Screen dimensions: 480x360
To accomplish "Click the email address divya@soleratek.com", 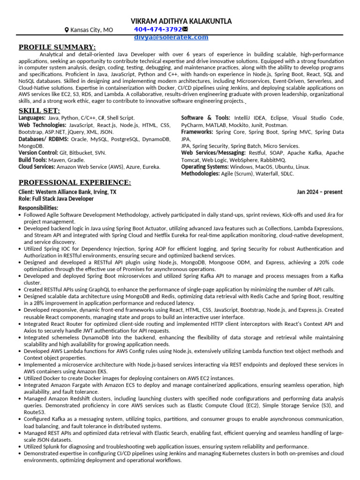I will [171, 37].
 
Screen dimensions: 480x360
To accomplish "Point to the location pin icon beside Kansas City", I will [67, 30].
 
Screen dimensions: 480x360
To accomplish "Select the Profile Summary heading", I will [57, 47].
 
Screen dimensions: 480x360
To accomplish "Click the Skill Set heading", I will [39, 110].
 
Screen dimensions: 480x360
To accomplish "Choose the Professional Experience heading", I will [75, 182].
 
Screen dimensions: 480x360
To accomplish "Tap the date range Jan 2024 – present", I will [319, 192].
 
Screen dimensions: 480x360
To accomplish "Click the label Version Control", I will [38, 153].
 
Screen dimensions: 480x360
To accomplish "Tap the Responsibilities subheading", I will [38, 208].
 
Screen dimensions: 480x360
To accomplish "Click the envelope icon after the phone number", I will [185, 30].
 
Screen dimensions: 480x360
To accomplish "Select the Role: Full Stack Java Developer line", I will [56, 199].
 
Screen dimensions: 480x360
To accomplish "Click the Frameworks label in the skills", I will [197, 132].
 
